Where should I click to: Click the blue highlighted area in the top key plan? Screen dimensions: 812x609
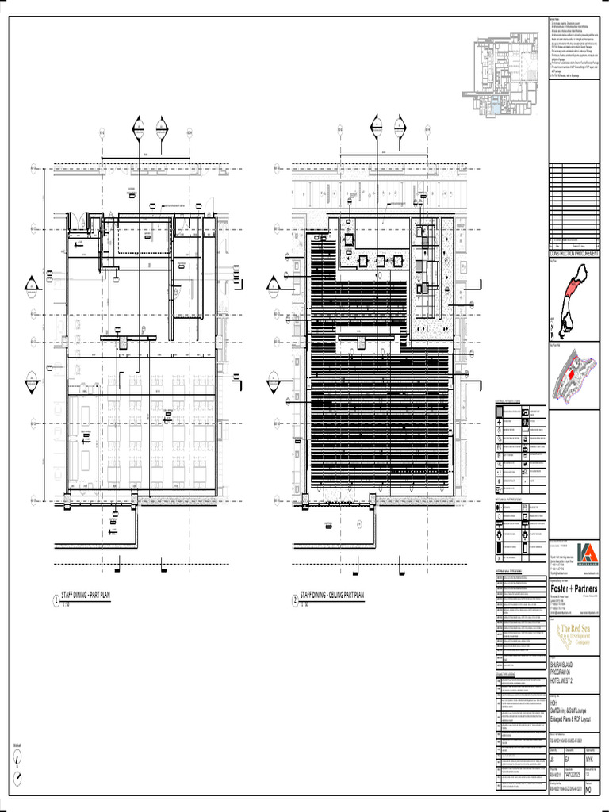(495, 105)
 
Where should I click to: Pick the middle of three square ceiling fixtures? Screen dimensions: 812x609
(380, 260)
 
